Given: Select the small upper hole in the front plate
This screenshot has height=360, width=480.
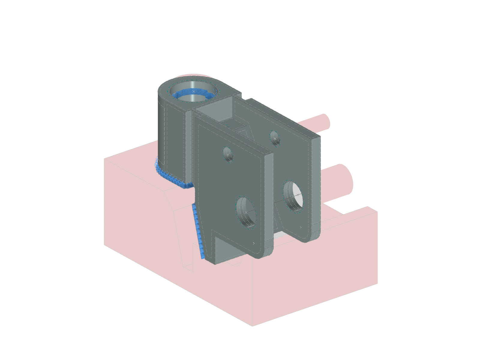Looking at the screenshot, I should coord(228,154).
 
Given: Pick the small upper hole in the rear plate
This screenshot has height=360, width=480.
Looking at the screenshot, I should coord(275,138).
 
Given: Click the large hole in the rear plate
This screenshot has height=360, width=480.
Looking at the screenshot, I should coord(293,196).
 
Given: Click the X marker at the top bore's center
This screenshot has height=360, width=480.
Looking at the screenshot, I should coord(193,91).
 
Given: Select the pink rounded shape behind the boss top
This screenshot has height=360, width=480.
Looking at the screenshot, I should coord(195,76).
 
